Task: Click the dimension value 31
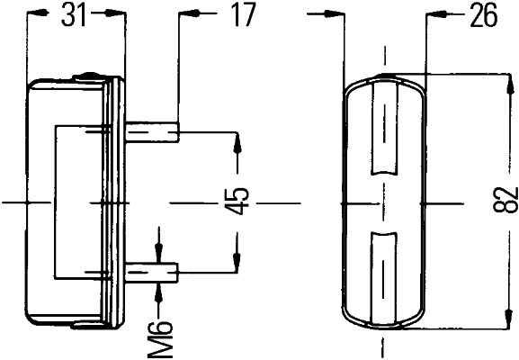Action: coord(75,15)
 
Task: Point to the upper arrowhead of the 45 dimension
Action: coord(237,139)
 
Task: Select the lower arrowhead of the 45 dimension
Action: coord(237,264)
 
